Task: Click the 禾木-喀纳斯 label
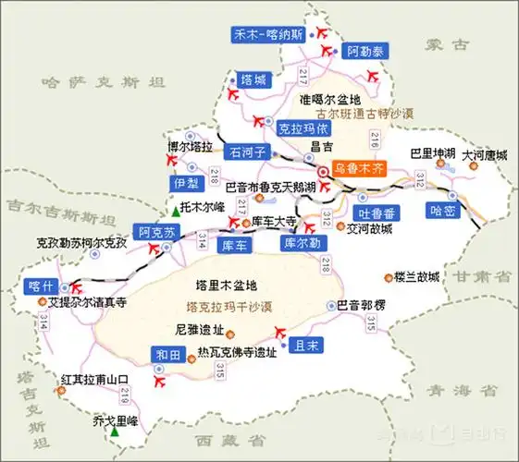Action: pyautogui.click(x=267, y=35)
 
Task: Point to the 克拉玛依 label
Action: pyautogui.click(x=303, y=129)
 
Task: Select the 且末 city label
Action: pyautogui.click(x=305, y=346)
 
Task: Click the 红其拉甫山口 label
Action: pyautogui.click(x=93, y=380)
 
